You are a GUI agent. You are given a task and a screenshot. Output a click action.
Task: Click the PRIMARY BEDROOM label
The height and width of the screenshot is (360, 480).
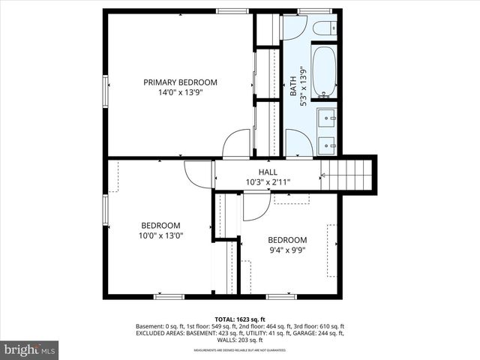pyautogui.click(x=180, y=82)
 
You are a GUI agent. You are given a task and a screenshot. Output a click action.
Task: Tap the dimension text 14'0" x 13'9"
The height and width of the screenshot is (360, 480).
pyautogui.click(x=180, y=94)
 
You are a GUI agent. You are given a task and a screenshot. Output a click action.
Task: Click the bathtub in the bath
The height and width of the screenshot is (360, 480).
pyautogui.click(x=325, y=72)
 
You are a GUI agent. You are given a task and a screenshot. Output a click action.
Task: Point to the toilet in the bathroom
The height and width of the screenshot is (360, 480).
pyautogui.click(x=325, y=30)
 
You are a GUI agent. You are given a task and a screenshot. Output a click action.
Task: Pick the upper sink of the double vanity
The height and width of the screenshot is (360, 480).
pyautogui.click(x=326, y=118)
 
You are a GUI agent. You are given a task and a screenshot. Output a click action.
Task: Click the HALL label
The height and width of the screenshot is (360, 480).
pyautogui.click(x=268, y=172)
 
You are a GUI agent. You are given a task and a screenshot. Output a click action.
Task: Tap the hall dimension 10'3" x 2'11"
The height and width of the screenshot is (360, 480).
pyautogui.click(x=268, y=182)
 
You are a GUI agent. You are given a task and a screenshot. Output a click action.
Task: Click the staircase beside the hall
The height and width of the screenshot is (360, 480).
pyautogui.click(x=348, y=175)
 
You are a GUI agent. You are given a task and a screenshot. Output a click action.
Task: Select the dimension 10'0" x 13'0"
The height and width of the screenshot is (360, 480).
pyautogui.click(x=160, y=235)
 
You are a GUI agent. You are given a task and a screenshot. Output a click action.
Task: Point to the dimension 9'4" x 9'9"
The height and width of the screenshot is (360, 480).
pyautogui.click(x=287, y=250)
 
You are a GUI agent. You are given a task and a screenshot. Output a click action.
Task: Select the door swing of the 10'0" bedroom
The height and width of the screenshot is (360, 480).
pyautogui.click(x=199, y=174)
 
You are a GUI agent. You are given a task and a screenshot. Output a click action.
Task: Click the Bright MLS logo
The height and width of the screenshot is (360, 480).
pyautogui.click(x=30, y=349)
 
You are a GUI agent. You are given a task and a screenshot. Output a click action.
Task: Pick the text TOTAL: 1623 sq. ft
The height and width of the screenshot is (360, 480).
pyautogui.click(x=239, y=319)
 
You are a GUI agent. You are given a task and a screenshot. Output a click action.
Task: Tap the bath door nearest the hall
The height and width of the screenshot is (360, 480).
pyautogui.click(x=298, y=144)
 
